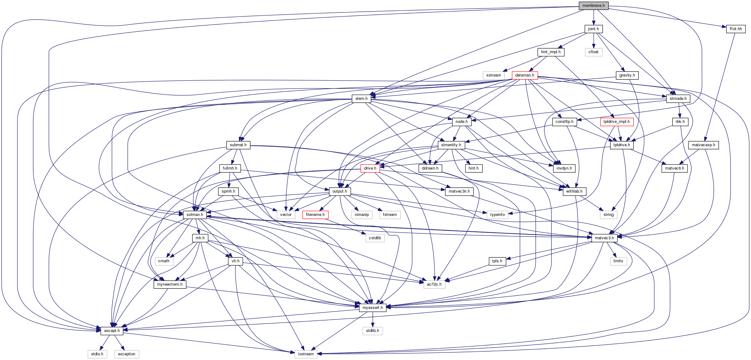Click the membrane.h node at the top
click(x=593, y=6)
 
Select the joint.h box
click(x=593, y=29)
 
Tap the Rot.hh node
click(x=736, y=29)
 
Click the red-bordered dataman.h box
click(x=525, y=75)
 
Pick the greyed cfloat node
click(x=593, y=52)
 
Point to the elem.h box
click(x=361, y=99)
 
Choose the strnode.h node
click(x=678, y=99)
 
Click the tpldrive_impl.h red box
click(x=616, y=122)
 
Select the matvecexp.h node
click(x=703, y=145)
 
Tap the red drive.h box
click(x=370, y=168)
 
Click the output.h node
click(x=340, y=191)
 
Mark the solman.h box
click(x=195, y=215)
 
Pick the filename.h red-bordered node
click(x=315, y=215)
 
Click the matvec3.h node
click(x=604, y=238)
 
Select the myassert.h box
click(x=373, y=308)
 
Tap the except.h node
click(x=112, y=331)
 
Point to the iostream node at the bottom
click(x=306, y=354)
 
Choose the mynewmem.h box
click(x=170, y=284)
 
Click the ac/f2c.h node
click(x=434, y=284)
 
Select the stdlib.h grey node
click(x=373, y=331)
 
